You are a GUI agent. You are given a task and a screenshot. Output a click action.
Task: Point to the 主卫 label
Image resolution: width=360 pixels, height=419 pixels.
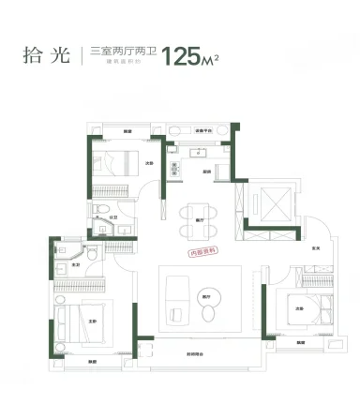75,267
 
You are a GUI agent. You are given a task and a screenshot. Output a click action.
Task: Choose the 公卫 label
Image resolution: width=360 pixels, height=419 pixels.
112,217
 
